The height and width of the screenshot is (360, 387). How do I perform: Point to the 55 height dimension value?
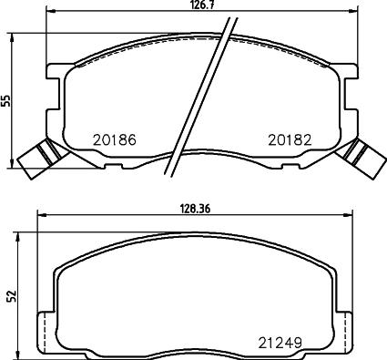click(5, 100)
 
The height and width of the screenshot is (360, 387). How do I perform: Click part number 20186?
click(115, 140)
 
